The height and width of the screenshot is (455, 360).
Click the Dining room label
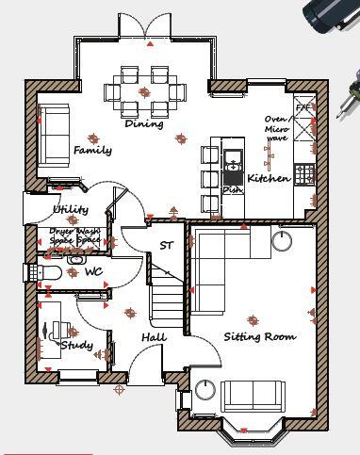click(x=143, y=123)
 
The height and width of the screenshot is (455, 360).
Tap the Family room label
click(x=92, y=150)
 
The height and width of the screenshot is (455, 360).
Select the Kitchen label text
click(x=268, y=178)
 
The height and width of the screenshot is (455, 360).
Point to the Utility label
click(x=71, y=209)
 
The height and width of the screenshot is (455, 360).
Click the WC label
click(x=93, y=271)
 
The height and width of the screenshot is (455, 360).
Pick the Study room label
click(x=76, y=346)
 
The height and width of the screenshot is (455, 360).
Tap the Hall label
click(x=154, y=337)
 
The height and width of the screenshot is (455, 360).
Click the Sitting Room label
click(x=259, y=336)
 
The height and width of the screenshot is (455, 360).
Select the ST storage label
click(x=167, y=246)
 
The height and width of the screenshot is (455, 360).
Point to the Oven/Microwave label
click(x=276, y=128)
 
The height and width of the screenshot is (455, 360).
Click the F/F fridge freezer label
click(x=303, y=108)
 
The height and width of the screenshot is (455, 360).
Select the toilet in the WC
click(x=49, y=273)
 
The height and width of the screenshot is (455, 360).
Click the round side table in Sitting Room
click(x=282, y=241)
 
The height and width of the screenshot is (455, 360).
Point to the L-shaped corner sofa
click(x=222, y=264)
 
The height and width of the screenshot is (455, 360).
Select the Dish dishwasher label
click(x=232, y=189)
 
